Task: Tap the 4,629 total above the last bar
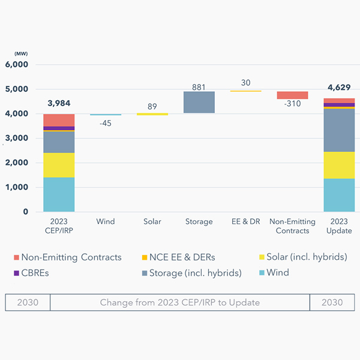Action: point(339,88)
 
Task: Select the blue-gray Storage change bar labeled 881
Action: point(199,102)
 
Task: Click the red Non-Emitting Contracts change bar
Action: point(292,95)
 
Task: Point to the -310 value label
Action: point(292,104)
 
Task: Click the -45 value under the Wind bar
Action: point(106,123)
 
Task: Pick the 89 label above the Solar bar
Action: point(152,107)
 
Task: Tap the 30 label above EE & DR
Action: point(245,83)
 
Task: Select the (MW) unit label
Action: point(13,54)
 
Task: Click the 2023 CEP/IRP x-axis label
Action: point(59,226)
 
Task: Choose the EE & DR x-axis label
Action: point(245,221)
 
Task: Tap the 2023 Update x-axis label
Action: point(339,226)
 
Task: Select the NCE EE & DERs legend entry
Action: point(178,257)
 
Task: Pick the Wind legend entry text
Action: point(278,272)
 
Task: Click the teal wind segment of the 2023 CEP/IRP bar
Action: point(59,194)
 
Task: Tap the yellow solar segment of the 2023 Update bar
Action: point(339,165)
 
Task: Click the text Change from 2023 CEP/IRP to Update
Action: point(180,302)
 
